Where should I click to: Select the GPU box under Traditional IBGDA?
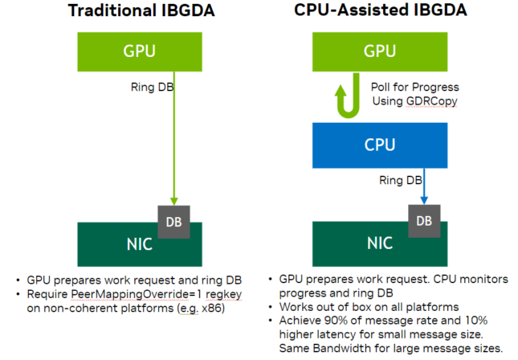click(x=134, y=51)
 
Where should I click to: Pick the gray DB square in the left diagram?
click(x=173, y=219)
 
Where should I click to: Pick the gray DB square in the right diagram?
click(x=425, y=219)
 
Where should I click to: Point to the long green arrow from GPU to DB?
click(x=173, y=137)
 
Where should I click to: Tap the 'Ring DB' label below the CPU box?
click(x=399, y=180)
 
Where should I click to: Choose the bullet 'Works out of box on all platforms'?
click(x=369, y=307)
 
